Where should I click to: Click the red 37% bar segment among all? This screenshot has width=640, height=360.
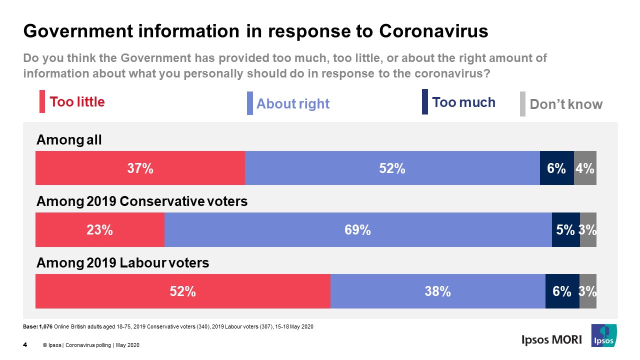pos(140,168)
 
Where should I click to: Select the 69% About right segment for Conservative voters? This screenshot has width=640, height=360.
pos(358,229)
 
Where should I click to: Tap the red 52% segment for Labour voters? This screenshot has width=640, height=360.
pos(182,291)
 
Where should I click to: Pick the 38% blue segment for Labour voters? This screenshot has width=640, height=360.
pos(437,291)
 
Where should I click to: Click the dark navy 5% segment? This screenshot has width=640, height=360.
pos(565,229)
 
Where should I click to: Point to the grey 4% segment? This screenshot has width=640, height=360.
pos(585,168)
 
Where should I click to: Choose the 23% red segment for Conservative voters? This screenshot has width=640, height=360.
pos(99,229)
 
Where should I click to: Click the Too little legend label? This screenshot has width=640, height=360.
pos(77,102)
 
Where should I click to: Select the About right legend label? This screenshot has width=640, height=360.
pos(292,104)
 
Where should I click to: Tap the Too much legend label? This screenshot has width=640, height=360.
pos(463,102)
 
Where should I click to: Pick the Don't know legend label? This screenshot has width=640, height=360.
pos(566,104)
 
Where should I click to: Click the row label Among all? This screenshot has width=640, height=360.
pos(69,140)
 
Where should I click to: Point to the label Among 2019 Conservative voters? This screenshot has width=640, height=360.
pos(142,202)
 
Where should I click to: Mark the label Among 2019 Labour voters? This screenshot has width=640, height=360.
pos(123,263)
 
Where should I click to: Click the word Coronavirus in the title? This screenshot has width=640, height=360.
pos(433,31)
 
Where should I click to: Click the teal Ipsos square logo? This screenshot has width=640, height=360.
pos(603,335)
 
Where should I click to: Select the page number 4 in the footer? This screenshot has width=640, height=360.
pos(25,344)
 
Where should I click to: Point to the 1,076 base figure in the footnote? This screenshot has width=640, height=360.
pos(45,327)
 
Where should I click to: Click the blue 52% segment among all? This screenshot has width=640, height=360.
pos(392,168)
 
